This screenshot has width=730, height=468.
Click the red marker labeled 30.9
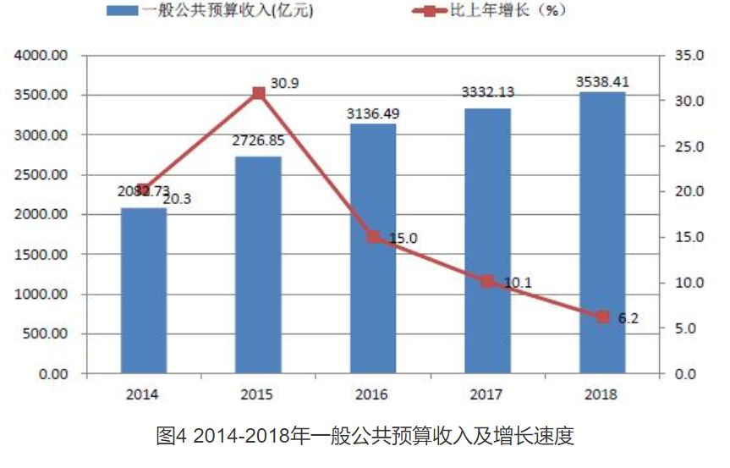pos(259,93)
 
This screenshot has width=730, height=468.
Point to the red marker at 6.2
pos(602,317)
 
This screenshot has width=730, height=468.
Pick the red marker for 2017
pos(487,281)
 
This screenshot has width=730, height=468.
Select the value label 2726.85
pos(258,140)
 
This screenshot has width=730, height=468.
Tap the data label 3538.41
pos(602,82)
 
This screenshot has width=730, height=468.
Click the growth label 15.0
pos(403,239)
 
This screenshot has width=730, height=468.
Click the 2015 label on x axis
pos(258,394)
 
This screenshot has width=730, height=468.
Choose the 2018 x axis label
pos(602,394)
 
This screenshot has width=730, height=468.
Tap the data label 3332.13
pos(487,93)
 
